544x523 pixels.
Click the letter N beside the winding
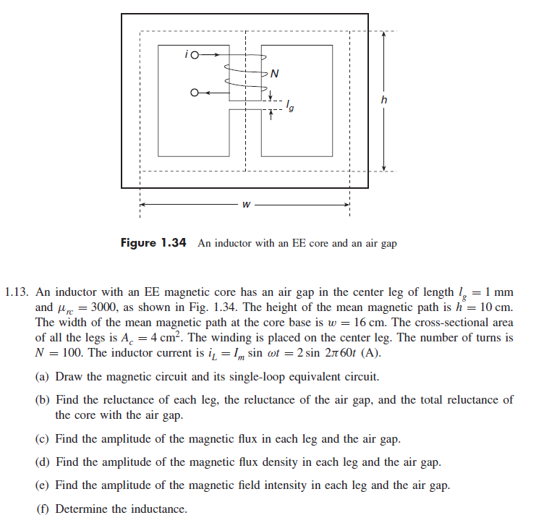tap(275, 73)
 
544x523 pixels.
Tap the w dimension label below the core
tap(247, 205)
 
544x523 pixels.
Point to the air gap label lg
tap(290, 108)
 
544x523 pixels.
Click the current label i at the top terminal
tap(187, 54)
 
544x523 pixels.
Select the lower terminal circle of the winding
tap(194, 93)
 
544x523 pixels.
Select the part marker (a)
tap(43, 377)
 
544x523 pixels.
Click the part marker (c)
tap(43, 440)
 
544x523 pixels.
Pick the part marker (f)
tap(43, 509)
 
